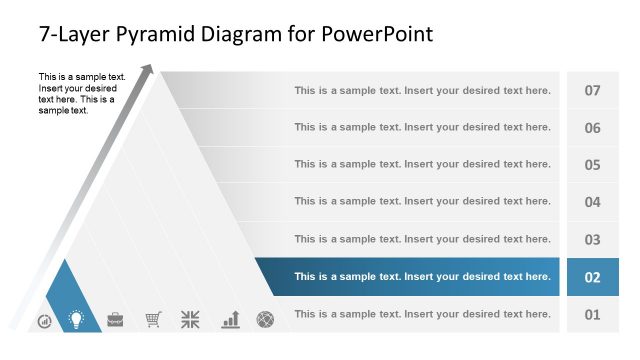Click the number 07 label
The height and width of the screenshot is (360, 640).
point(592,91)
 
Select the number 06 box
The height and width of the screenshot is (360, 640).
point(592,128)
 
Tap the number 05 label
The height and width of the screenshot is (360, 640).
point(592,165)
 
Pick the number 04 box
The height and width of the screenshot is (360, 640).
point(592,202)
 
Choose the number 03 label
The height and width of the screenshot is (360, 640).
point(592,240)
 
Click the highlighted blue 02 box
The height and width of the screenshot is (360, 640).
point(592,277)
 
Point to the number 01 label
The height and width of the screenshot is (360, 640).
point(592,315)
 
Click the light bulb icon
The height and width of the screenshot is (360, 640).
point(75,320)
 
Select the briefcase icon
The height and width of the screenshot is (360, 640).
point(115,320)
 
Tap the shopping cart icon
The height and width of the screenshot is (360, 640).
point(153,320)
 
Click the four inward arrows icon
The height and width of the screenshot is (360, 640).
point(190,320)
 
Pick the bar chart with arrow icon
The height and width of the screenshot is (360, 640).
point(230,319)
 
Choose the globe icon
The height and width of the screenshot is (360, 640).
point(265,320)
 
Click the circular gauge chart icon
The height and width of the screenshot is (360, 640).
point(45,321)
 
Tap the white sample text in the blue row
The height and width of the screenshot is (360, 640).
point(422,277)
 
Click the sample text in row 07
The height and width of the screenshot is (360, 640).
point(422,91)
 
